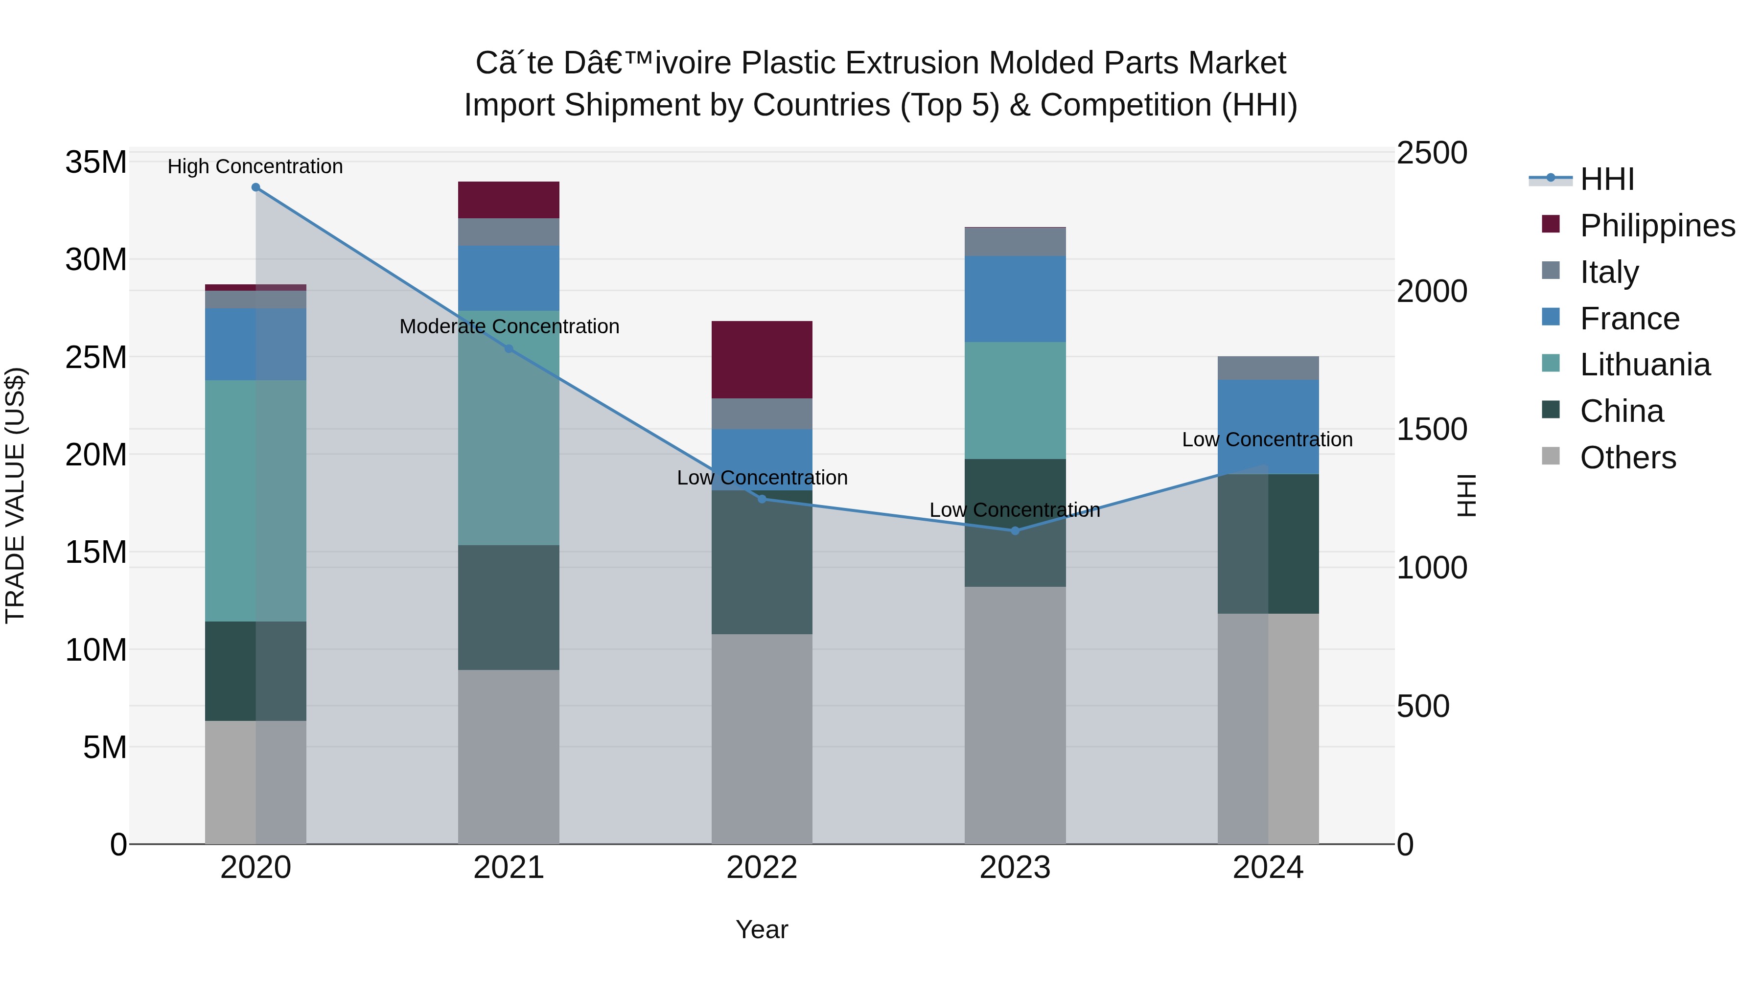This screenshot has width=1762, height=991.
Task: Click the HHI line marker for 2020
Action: pyautogui.click(x=256, y=187)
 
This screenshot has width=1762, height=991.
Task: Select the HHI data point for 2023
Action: pyautogui.click(x=1015, y=530)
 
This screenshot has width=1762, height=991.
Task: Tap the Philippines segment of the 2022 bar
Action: pyautogui.click(x=762, y=359)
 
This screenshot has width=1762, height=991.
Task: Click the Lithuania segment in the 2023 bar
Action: pyautogui.click(x=1015, y=400)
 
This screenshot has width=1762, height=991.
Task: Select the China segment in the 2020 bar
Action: pyautogui.click(x=230, y=670)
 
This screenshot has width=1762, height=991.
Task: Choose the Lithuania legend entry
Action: pyautogui.click(x=1645, y=365)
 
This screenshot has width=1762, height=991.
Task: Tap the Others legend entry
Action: pyautogui.click(x=1627, y=457)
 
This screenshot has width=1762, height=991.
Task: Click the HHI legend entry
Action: pyautogui.click(x=1607, y=179)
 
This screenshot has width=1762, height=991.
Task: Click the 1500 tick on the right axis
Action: pyautogui.click(x=1432, y=430)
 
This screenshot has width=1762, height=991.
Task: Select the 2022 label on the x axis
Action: pyautogui.click(x=762, y=868)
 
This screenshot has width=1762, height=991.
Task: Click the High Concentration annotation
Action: pyautogui.click(x=255, y=166)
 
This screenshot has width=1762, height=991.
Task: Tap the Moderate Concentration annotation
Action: pyautogui.click(x=509, y=326)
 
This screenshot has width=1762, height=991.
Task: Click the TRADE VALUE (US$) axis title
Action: pyautogui.click(x=15, y=495)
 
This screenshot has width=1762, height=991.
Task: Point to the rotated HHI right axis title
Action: pyautogui.click(x=1466, y=495)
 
